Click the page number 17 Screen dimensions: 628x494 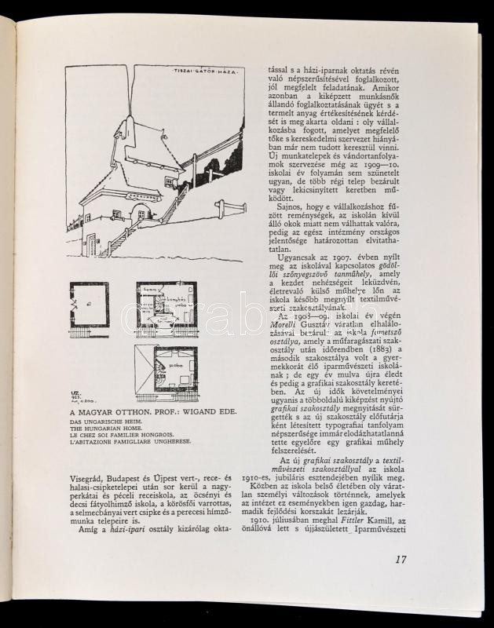(x=400, y=560)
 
